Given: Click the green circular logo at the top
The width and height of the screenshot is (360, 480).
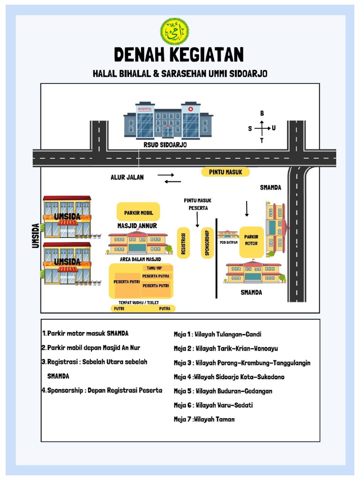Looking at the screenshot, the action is coord(174,31).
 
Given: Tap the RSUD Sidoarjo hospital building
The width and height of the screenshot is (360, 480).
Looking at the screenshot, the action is coord(168,120).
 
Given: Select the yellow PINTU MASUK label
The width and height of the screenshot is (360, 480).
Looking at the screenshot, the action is coord(225,172).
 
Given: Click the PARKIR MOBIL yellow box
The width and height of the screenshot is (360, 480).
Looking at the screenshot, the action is coord(138,211).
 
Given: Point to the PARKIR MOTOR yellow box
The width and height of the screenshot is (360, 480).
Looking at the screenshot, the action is coord(251,242).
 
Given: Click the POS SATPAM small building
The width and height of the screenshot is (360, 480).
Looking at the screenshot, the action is coord(228,234).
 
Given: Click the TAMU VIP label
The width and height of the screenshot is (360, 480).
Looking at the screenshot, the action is coord(154,268).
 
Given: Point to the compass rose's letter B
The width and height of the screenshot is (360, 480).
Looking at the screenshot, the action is coord(262,113).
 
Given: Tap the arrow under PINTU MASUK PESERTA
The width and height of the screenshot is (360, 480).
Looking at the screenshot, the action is coord(197,220).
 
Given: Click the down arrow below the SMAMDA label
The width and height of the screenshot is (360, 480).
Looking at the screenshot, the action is coord(247,209).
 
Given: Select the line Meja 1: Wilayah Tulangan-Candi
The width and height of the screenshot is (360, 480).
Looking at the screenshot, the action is coord(217,334).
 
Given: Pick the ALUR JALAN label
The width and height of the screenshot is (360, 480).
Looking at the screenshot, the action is coord(127,177).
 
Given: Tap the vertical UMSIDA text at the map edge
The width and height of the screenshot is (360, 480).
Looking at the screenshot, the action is coord(36,236).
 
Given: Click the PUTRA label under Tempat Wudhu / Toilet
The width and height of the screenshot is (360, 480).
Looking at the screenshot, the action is coord(165,308).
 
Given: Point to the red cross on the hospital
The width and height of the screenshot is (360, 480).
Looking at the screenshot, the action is coord(191,109).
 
